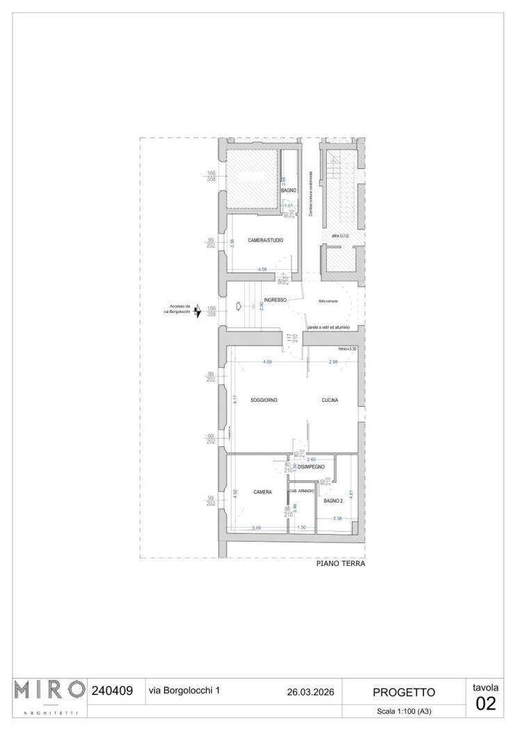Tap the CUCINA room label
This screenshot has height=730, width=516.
click(330, 400)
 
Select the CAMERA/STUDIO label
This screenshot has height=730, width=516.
click(266, 241)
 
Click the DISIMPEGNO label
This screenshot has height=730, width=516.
click(312, 467)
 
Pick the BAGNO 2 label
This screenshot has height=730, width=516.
click(332, 500)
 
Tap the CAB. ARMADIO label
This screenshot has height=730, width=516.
click(302, 491)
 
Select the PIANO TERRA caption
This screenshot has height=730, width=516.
click(341, 564)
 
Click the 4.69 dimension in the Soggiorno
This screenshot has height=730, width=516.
click(267, 362)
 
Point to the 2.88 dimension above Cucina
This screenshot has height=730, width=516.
click(333, 362)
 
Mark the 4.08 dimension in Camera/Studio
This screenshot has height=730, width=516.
click(262, 269)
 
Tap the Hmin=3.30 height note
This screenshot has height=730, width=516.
click(347, 348)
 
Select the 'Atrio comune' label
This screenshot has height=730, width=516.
click(328, 300)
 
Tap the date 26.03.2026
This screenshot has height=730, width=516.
click(310, 692)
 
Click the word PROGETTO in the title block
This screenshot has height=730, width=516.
click(404, 692)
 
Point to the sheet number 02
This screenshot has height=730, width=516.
click(486, 704)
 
